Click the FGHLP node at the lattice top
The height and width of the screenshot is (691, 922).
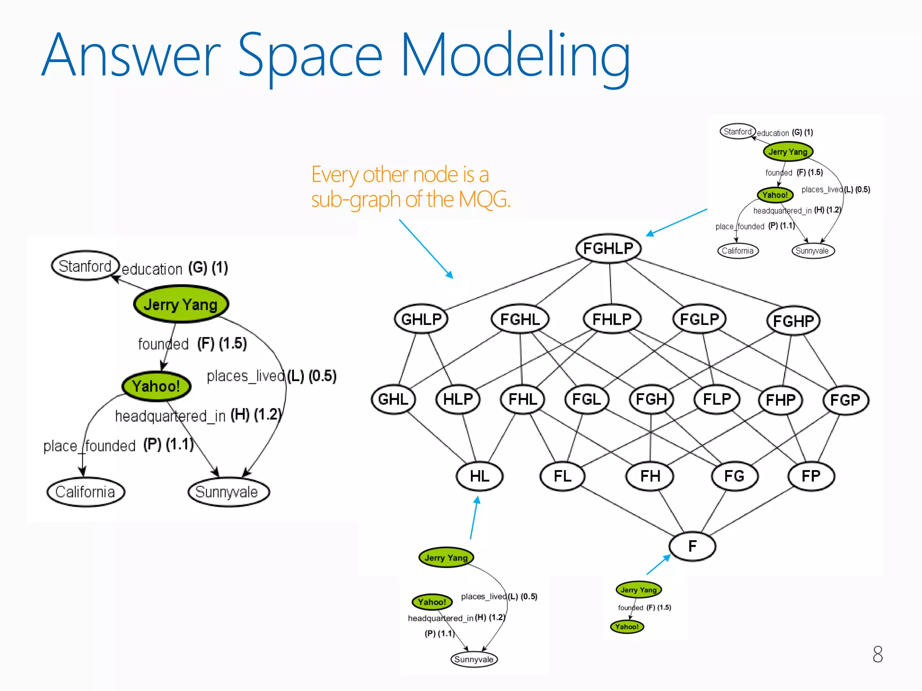click(x=608, y=248)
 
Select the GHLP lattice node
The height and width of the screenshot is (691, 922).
click(x=421, y=319)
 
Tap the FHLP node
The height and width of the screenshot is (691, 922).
click(x=612, y=319)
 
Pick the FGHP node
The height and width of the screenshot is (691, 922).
click(x=793, y=321)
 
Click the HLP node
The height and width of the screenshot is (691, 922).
click(x=458, y=399)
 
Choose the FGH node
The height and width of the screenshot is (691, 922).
click(x=651, y=399)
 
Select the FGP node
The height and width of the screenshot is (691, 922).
click(x=845, y=400)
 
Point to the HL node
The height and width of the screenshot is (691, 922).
click(x=479, y=476)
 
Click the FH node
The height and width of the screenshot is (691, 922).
click(x=650, y=476)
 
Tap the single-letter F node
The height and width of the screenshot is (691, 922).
click(x=692, y=546)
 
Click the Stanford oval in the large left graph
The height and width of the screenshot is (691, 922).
click(x=85, y=266)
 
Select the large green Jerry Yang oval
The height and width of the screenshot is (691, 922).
click(x=181, y=305)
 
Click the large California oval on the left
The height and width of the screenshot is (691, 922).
click(x=85, y=492)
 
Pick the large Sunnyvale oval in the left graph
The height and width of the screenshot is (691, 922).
click(x=228, y=492)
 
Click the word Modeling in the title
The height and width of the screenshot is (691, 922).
click(x=515, y=56)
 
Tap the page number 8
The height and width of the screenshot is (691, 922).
click(x=877, y=654)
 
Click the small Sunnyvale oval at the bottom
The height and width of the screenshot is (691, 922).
click(x=474, y=660)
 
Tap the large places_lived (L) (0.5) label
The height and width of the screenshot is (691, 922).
click(x=271, y=376)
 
